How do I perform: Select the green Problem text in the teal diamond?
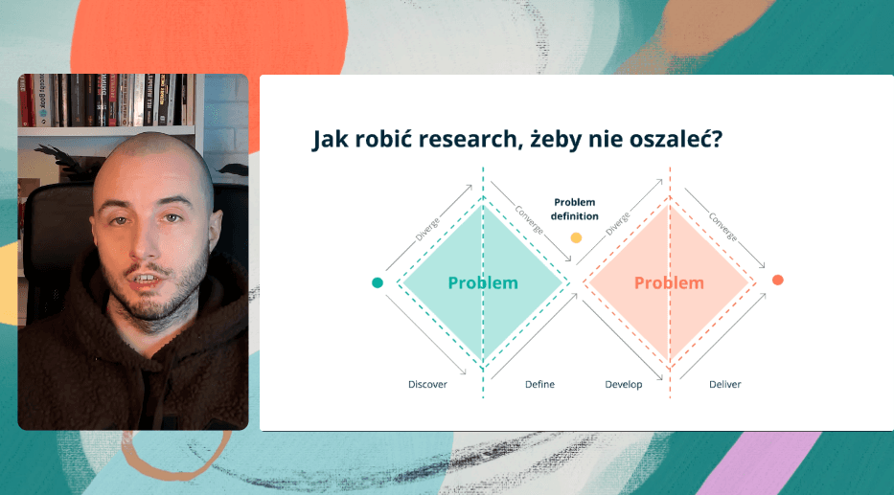483,282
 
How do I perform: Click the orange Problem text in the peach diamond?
669,282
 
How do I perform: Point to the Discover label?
427,385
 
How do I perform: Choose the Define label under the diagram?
539,385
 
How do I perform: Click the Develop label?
623,385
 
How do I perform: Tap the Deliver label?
724,385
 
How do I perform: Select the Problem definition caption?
575,209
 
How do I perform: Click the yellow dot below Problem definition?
576,237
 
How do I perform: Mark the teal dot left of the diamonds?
378,282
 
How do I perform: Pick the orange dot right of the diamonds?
778,280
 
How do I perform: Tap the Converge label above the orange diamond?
722,222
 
